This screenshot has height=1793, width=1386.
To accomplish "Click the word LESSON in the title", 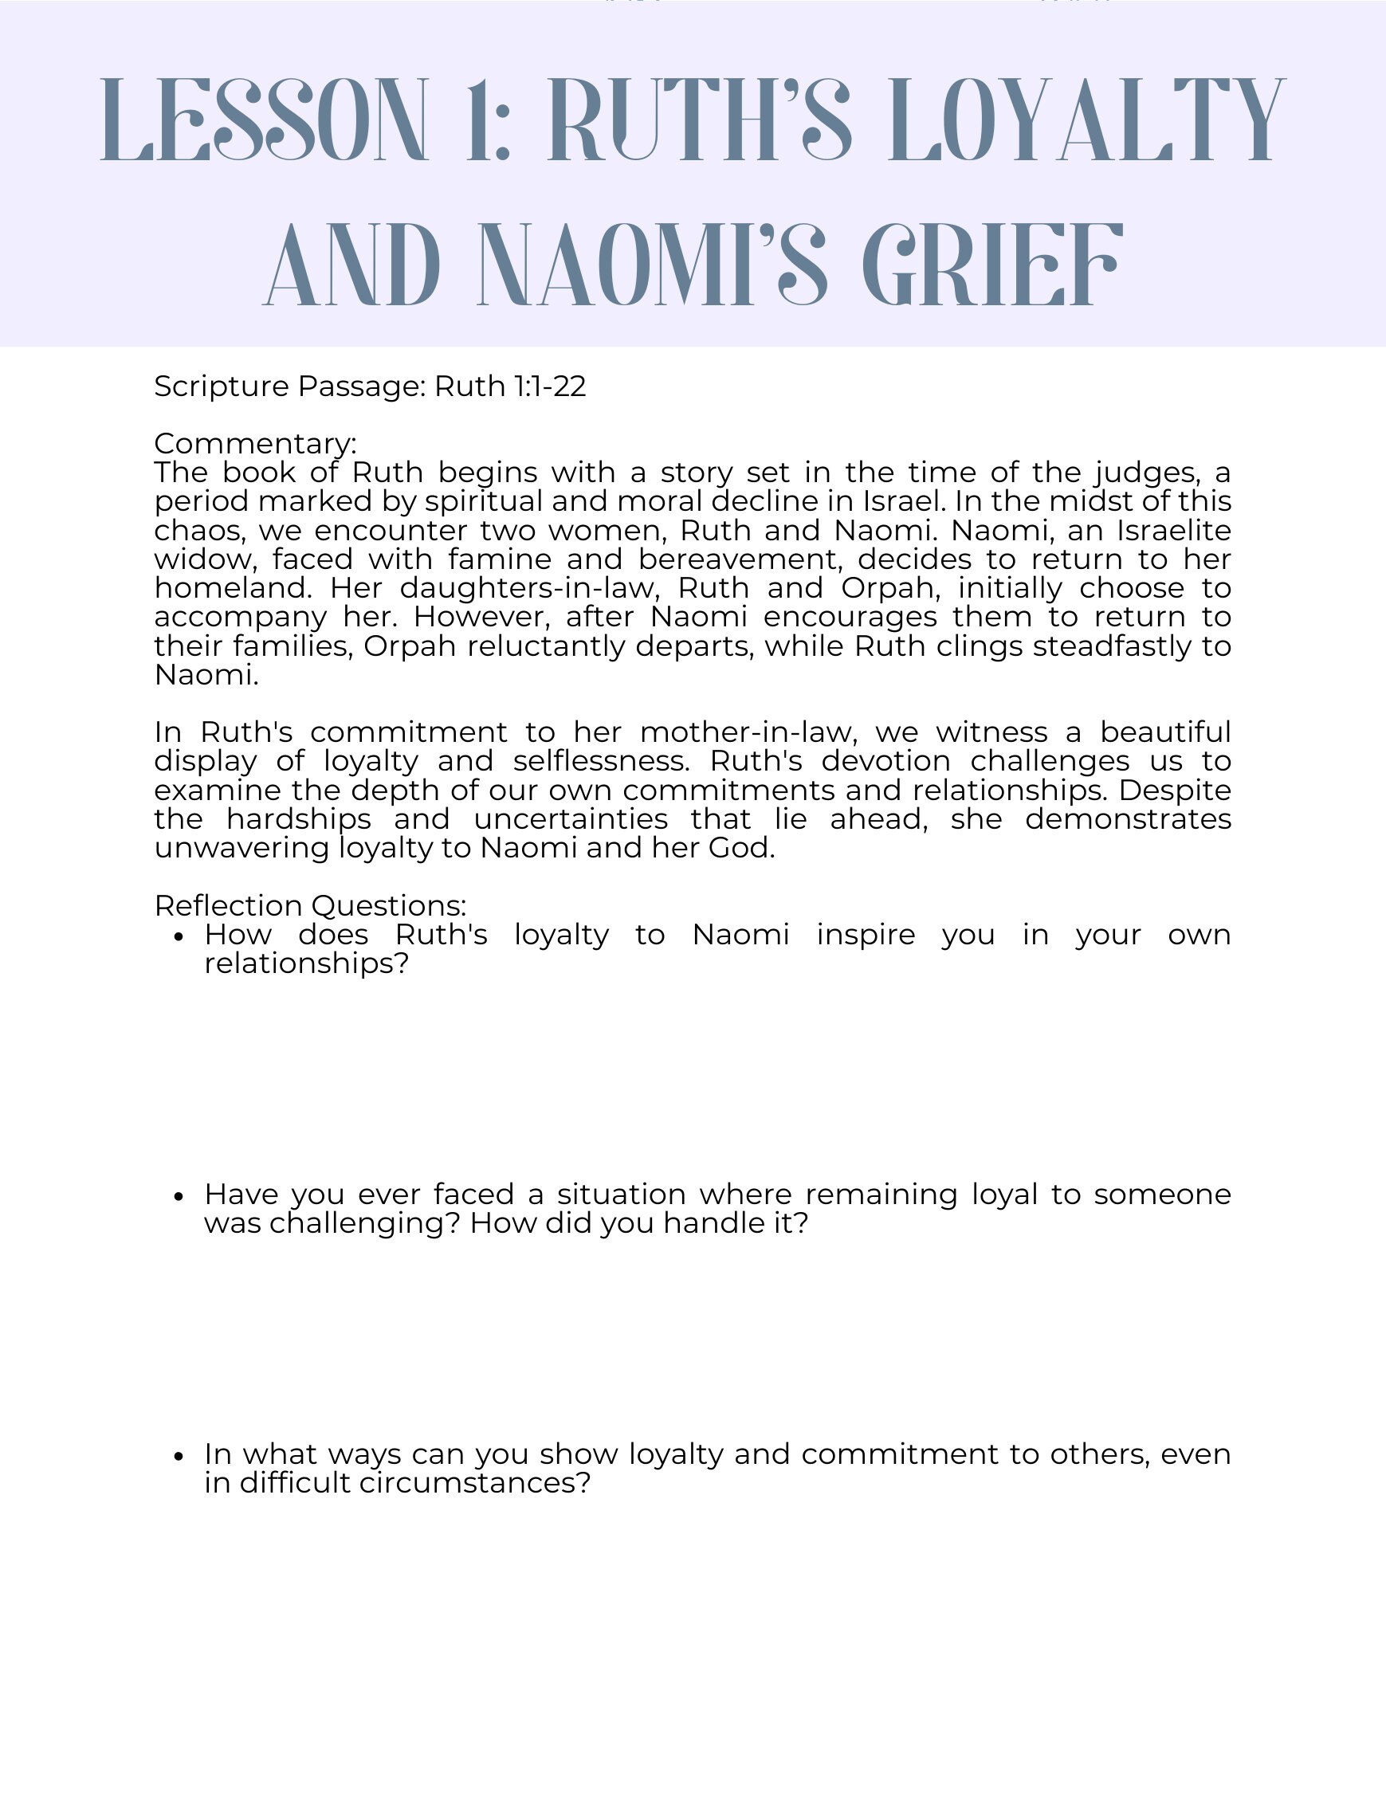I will pos(265,120).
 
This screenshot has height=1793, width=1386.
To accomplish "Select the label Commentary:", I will pos(255,443).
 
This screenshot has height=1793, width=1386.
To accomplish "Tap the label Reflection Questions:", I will pos(309,905).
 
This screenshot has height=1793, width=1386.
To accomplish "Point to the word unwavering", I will pos(241,848).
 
